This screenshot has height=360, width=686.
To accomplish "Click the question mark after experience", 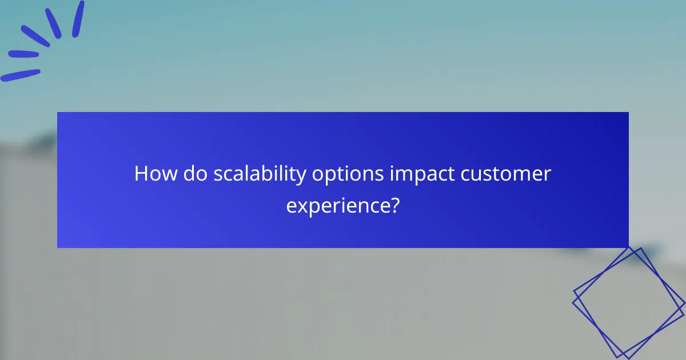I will (394, 205).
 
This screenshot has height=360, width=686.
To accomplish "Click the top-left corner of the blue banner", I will (58, 113).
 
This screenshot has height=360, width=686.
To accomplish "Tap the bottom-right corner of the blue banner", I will (628, 247).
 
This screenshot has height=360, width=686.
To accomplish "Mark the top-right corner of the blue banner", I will (628, 113).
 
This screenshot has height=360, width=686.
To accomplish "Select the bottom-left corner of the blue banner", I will (58, 247).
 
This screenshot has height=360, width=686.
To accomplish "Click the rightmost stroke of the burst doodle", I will (78, 19).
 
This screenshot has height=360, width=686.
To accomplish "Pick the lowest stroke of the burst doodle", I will (20, 75).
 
